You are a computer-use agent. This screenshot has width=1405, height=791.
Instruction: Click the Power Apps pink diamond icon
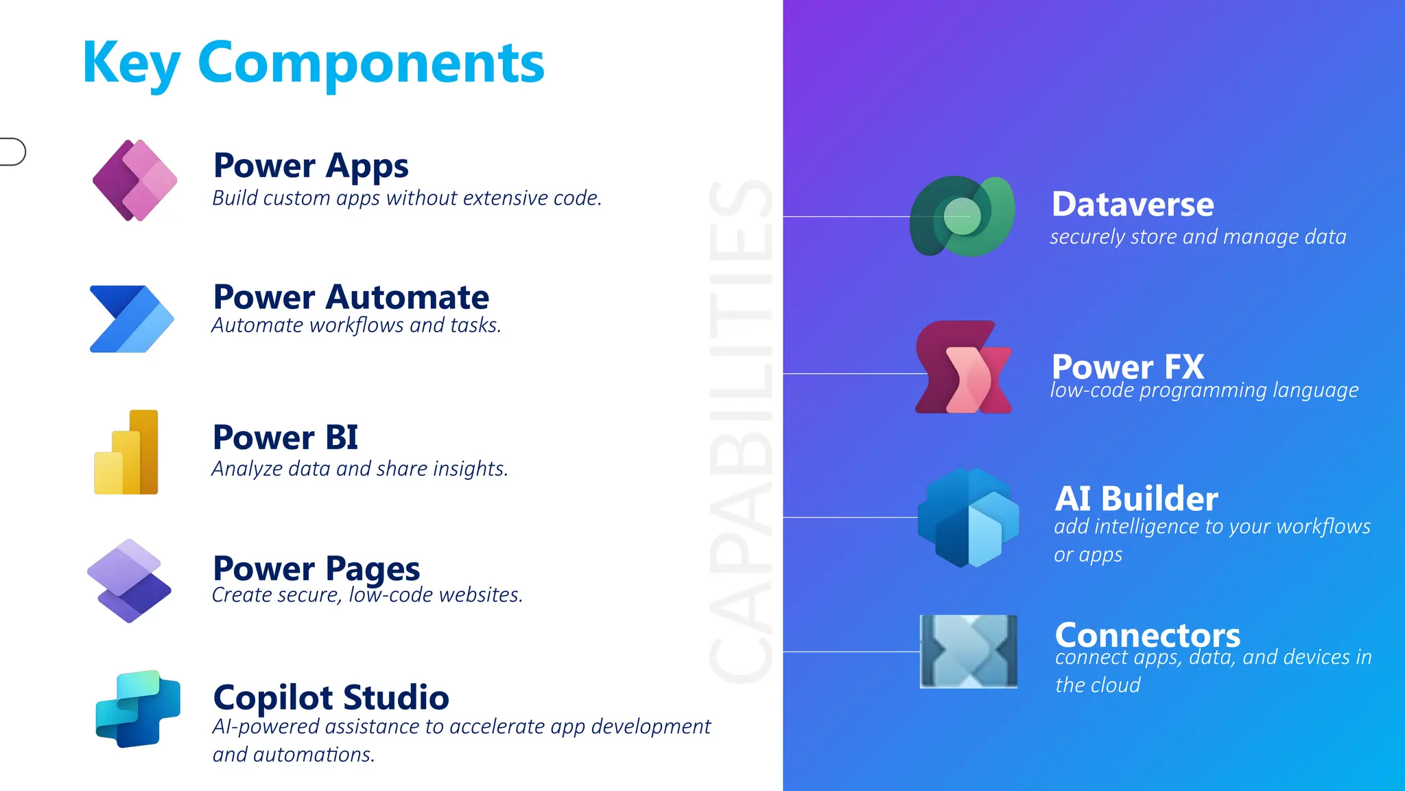click(x=134, y=180)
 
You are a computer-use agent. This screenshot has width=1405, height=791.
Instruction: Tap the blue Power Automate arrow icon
click(x=131, y=319)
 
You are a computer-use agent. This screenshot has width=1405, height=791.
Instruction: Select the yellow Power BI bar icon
click(x=127, y=453)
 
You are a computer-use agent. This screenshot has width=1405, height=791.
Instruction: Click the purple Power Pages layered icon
click(x=129, y=581)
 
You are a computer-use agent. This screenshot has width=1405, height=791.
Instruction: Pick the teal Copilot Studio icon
click(x=138, y=709)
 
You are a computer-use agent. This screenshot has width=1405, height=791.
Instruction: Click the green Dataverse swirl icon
click(x=962, y=216)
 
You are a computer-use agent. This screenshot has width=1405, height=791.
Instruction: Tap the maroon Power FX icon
click(x=963, y=367)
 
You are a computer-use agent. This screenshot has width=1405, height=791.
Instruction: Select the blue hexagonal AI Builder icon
click(x=968, y=518)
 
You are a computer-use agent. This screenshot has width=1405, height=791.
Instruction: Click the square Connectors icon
click(x=968, y=651)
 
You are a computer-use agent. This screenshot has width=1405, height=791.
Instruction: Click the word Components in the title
click(x=370, y=63)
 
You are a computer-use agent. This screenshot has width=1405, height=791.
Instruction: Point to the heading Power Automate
click(x=351, y=297)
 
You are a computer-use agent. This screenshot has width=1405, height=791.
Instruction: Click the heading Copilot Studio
click(x=331, y=698)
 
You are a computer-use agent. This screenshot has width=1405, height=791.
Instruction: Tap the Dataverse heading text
click(x=1133, y=205)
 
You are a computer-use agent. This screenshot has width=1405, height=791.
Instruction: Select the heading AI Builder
click(x=1136, y=498)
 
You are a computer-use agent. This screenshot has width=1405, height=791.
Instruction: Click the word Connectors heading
click(x=1147, y=634)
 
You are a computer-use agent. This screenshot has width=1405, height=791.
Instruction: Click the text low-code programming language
click(x=1204, y=390)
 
